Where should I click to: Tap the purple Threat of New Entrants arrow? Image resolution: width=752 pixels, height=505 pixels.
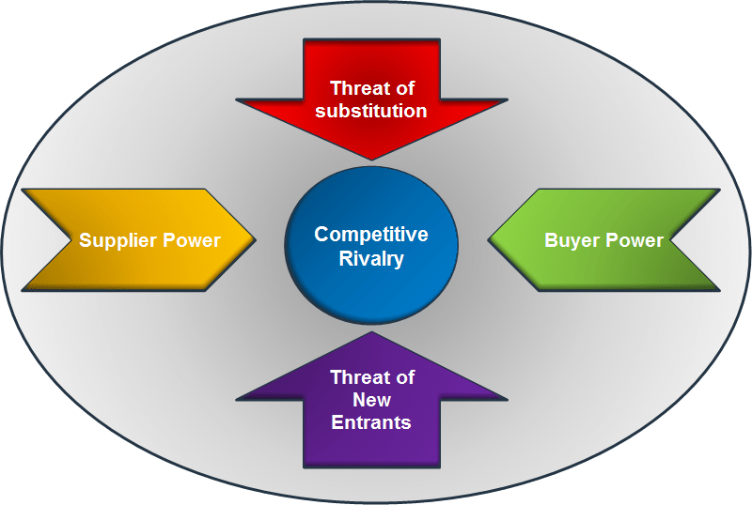click(x=371, y=413)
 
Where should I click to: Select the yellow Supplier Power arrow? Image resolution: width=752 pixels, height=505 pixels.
click(x=141, y=239)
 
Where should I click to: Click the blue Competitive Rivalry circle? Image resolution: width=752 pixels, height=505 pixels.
click(x=371, y=246)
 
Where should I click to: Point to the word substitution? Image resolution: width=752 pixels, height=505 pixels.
click(x=371, y=111)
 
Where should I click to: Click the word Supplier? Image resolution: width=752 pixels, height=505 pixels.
click(x=115, y=240)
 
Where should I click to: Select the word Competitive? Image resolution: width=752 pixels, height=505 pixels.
click(x=371, y=234)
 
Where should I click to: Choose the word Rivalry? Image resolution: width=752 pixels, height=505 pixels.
click(x=371, y=257)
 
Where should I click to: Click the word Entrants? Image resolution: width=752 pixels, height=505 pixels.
click(x=371, y=422)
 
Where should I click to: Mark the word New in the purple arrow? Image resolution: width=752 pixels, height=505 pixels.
click(x=371, y=400)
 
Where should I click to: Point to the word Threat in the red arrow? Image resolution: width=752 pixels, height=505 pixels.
click(x=353, y=88)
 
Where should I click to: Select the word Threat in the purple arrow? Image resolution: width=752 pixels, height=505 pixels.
click(x=353, y=377)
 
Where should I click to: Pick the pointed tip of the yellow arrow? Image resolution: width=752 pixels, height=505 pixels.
click(x=254, y=239)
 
